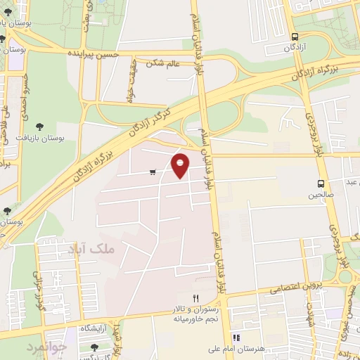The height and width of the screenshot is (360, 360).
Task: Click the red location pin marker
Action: (181, 165)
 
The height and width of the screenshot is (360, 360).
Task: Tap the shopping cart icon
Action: (153, 172)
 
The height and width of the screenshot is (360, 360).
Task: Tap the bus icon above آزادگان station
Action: (294, 37)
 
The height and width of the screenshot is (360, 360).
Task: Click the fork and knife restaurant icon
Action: (196, 299)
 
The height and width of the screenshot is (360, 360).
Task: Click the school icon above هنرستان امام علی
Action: (236, 337)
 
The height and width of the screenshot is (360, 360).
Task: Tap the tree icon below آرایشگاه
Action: (95, 347)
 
